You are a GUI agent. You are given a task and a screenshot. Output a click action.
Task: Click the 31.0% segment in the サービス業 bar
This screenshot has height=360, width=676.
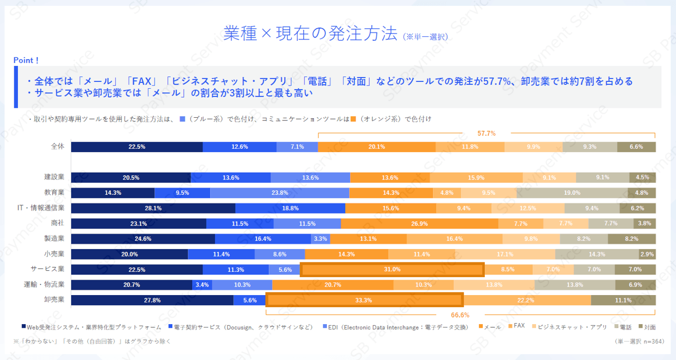click(392, 270)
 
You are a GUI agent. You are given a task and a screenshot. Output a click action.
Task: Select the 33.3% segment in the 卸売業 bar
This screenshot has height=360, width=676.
click(364, 300)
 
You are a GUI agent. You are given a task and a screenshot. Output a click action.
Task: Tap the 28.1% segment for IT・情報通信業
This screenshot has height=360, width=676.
click(153, 209)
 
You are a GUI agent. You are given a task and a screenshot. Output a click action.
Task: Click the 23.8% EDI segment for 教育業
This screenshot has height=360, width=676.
click(279, 193)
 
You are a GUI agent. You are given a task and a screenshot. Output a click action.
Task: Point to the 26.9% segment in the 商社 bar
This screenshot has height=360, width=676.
click(419, 224)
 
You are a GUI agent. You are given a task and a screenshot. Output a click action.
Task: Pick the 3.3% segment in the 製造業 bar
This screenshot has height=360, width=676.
click(320, 239)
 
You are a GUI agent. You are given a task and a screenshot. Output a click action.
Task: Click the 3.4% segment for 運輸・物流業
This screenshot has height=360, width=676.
click(202, 285)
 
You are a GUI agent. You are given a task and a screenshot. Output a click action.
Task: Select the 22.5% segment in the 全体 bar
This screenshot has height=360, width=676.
click(137, 147)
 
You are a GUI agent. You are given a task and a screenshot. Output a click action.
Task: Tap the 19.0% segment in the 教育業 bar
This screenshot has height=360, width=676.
click(572, 193)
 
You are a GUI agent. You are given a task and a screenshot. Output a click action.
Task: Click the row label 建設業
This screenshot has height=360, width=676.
click(54, 177)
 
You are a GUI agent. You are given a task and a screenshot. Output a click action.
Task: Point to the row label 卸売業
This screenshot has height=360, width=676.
click(54, 300)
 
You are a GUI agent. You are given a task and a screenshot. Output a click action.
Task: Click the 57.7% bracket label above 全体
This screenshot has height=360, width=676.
click(486, 134)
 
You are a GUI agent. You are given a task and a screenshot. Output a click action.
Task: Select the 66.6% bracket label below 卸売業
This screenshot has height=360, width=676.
click(460, 315)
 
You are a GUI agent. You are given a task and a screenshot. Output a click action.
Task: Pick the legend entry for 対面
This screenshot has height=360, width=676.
click(646, 327)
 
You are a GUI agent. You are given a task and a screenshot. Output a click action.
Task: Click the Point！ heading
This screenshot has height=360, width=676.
click(26, 61)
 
